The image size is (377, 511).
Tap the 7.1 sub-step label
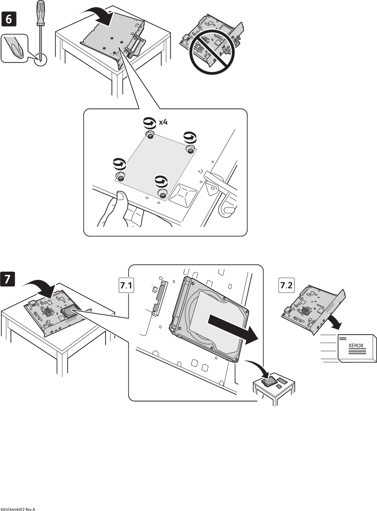click(x=126, y=286)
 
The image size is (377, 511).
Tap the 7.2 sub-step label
click(x=286, y=286)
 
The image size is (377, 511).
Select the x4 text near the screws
click(x=163, y=122)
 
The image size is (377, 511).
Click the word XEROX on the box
click(x=356, y=345)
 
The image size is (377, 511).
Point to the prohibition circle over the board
click(x=211, y=51)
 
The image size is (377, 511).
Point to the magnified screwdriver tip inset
click(x=14, y=49)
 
